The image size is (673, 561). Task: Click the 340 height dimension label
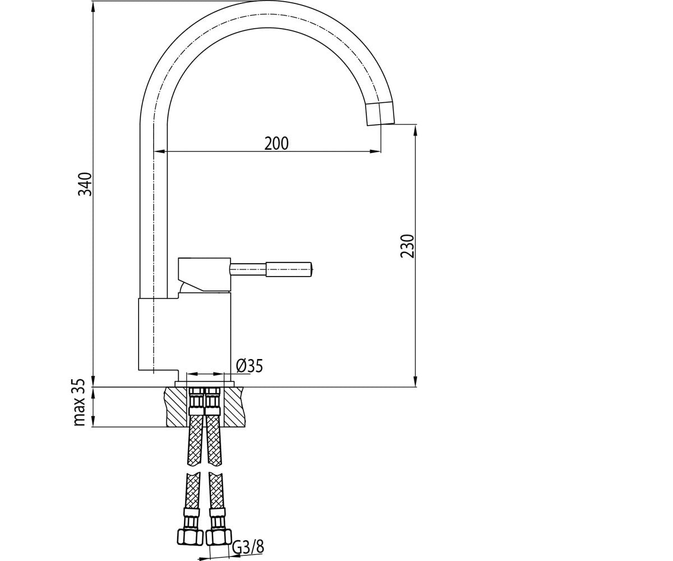pos(85,184)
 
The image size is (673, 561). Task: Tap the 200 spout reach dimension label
pos(276,144)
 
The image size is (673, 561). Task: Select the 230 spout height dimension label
pos(407,246)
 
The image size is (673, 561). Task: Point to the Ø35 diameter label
pos(249,366)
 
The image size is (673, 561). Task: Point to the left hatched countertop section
pos(176,407)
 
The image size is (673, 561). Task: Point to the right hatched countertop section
pos(234,407)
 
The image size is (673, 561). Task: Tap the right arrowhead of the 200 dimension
pos(376,151)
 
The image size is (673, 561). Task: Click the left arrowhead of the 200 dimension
pos(160,151)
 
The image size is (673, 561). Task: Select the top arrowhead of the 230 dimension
pos(415,131)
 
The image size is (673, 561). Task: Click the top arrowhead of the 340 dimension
pos(93,7)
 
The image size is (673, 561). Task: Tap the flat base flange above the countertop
pos(204,384)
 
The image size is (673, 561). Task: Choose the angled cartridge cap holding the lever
pos(204,275)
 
